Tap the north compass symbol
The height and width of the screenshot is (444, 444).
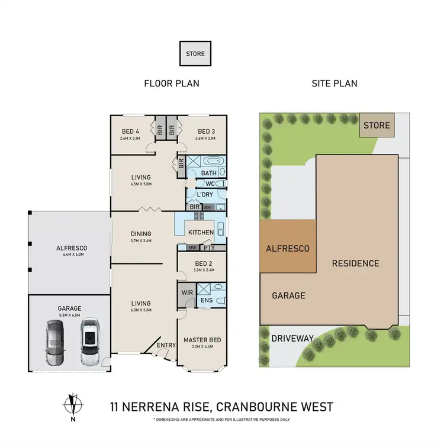pyautogui.click(x=72, y=405)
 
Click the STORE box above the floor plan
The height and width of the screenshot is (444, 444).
pyautogui.click(x=195, y=54)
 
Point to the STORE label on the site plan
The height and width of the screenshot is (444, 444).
pyautogui.click(x=377, y=126)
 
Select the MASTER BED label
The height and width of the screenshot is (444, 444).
pyautogui.click(x=202, y=340)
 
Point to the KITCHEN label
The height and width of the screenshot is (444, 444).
pyautogui.click(x=200, y=232)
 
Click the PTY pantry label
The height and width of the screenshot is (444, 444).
pyautogui.click(x=208, y=248)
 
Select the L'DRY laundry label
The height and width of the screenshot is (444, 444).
pyautogui.click(x=204, y=195)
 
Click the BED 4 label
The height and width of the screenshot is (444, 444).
pyautogui.click(x=130, y=131)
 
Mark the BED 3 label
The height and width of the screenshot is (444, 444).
pyautogui.click(x=205, y=131)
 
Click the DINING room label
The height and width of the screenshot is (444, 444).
pyautogui.click(x=141, y=234)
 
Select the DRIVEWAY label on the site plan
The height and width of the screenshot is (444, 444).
pyautogui.click(x=293, y=339)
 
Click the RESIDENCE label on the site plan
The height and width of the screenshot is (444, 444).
pyautogui.click(x=355, y=263)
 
